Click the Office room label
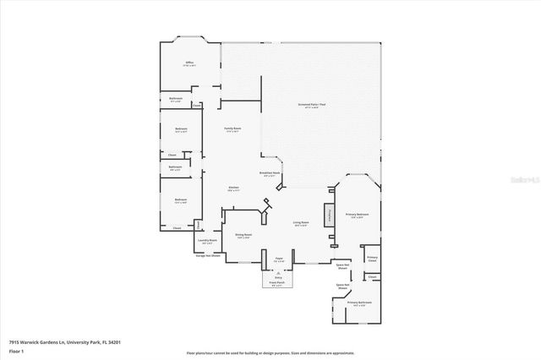point(190,64)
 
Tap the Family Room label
point(232,130)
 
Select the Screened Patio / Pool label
point(312,105)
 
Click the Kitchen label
point(234,188)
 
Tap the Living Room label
point(301,224)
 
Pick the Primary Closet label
point(372,259)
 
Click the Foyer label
point(278,259)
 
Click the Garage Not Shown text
point(209,255)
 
